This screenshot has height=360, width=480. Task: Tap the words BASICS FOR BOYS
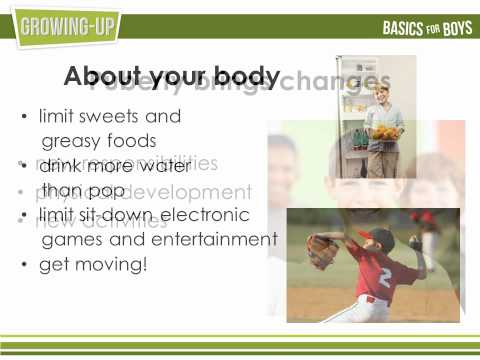pos(423,28)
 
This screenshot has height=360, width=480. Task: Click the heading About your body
pos(171,76)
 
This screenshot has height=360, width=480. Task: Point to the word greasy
pos(73,141)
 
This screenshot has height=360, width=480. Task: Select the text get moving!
pos(92,264)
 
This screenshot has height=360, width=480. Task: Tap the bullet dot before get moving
pos(24,265)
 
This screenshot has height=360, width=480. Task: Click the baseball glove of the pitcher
pos(322,250)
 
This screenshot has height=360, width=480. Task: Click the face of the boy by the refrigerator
pos(379,96)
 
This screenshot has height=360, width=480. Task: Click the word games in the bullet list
pos(66,239)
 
